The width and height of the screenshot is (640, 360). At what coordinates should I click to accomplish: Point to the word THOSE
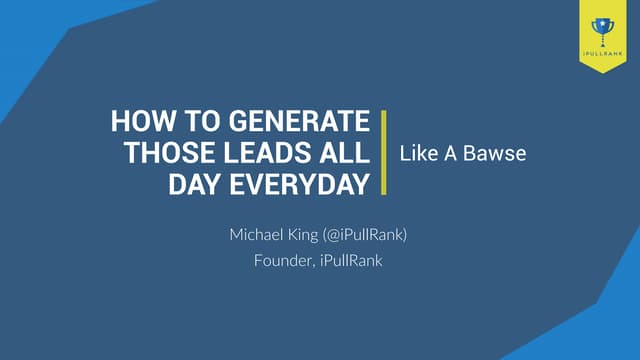pos(165,154)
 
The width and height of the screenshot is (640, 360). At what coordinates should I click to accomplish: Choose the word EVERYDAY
pos(297,183)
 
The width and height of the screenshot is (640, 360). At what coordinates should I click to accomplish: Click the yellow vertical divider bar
pos(384,153)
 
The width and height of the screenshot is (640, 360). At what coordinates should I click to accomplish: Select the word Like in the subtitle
pos(416,154)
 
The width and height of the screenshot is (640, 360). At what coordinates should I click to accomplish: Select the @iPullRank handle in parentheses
pos(369,236)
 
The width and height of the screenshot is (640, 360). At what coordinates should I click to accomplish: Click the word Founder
pos(281,262)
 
